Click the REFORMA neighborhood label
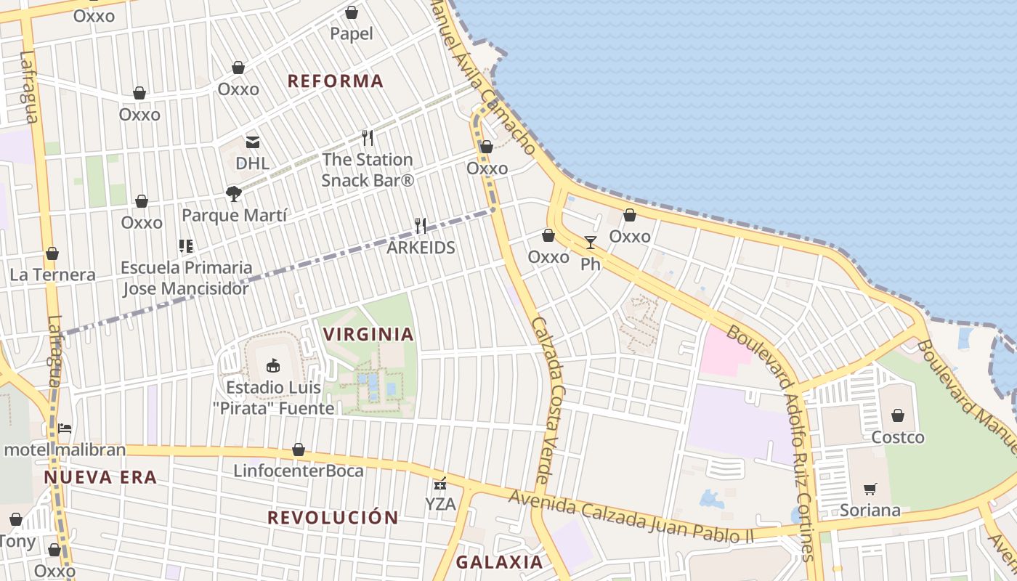coord(335,81)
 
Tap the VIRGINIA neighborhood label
coord(368,334)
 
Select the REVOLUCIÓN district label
coord(333,517)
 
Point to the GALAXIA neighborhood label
coord(499,561)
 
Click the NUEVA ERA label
coord(100,477)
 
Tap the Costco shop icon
coord(898,415)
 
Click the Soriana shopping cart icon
coord(870,489)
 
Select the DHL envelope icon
coord(252,142)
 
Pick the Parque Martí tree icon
coord(233,193)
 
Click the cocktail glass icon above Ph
coord(590,242)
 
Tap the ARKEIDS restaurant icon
coord(420,226)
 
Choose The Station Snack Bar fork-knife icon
coord(368,137)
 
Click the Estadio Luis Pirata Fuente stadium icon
coord(273,365)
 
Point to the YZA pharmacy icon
coord(439,483)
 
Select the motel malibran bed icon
coord(65,428)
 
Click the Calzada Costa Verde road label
coord(549,400)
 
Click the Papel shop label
coord(351,33)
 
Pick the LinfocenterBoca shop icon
coord(298,450)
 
